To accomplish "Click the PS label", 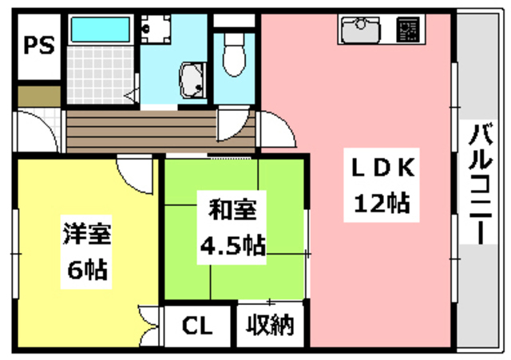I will coord(36,45).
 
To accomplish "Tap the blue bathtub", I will coord(102,30).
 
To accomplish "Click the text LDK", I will coord(382,168).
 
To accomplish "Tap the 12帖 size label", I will coord(382,205).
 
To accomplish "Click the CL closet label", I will coord(196,326).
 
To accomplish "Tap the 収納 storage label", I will coord(270,326).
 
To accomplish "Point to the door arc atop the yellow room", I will coord(134,169).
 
